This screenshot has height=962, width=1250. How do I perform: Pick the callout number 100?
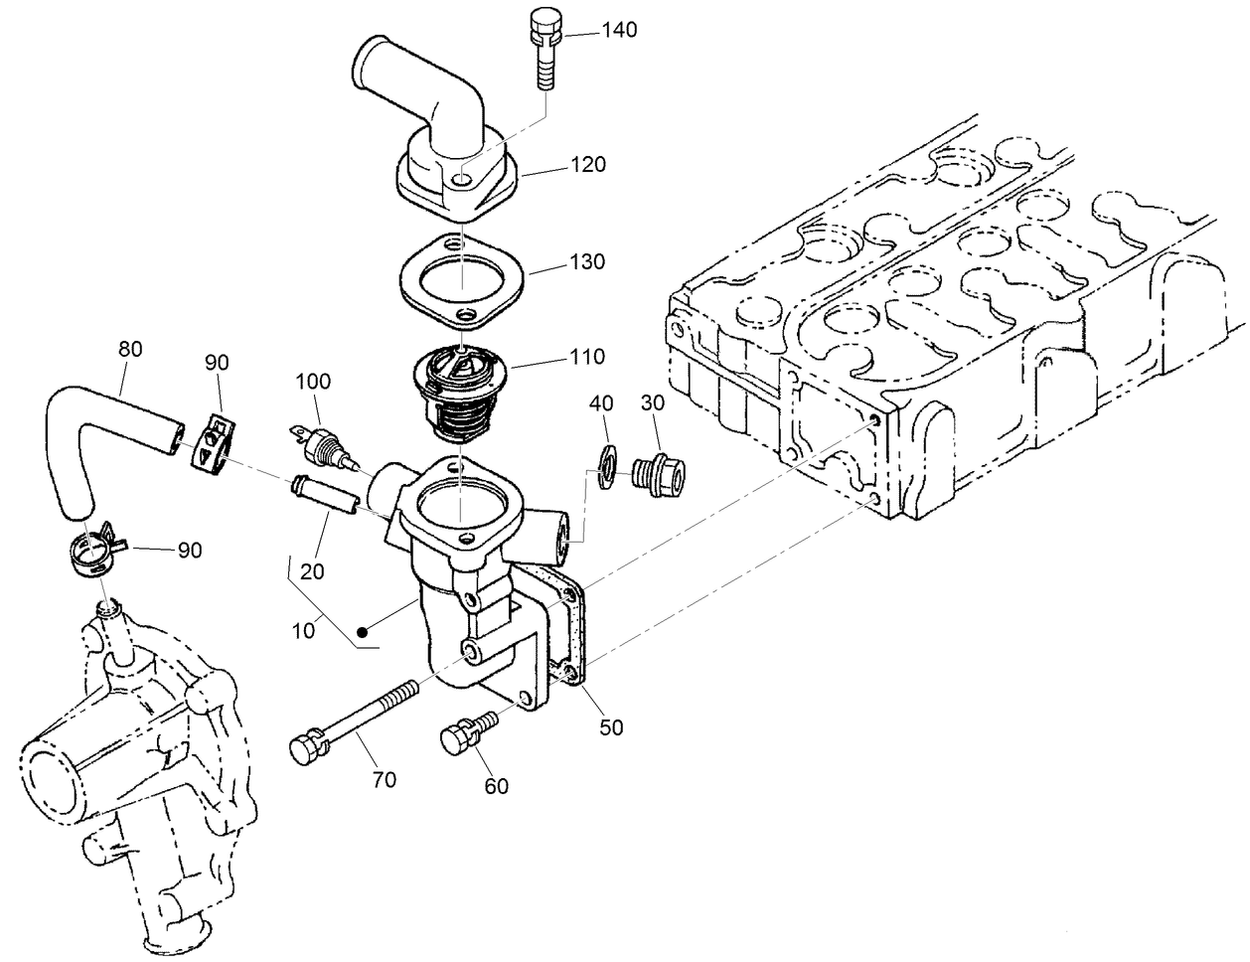tap(313, 382)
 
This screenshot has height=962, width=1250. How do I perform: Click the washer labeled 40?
tap(603, 465)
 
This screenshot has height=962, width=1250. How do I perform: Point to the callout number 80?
tap(130, 349)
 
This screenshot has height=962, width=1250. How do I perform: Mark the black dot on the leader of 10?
tap(365, 630)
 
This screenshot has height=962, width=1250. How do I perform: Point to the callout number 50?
tap(611, 727)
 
